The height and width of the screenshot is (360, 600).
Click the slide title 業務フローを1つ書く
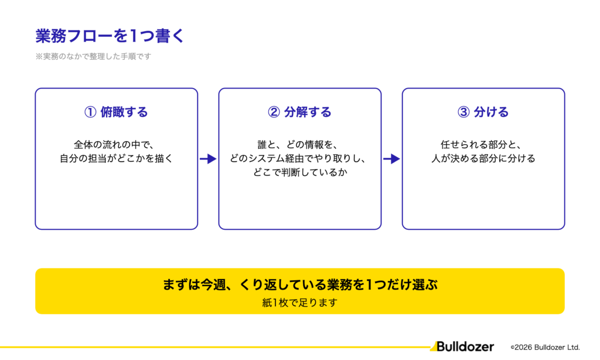pos(110,36)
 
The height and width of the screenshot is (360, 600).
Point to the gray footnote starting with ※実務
pos(93,56)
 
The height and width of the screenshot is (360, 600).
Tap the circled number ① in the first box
pos(90,112)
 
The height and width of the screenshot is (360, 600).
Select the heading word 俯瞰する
pos(124,112)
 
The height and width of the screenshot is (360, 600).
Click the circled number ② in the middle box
pos(274,112)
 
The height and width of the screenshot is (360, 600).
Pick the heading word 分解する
pos(308,112)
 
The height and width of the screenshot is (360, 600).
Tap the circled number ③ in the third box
pos(463,112)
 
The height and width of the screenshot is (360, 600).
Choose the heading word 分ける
pos(492,112)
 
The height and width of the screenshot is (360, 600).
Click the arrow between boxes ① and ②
pos(208,158)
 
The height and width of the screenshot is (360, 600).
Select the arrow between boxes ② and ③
pos(391,158)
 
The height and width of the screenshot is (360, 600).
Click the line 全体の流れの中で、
pos(114,145)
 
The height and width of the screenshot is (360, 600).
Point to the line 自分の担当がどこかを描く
pos(117,158)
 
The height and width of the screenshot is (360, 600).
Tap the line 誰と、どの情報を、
pos(297,145)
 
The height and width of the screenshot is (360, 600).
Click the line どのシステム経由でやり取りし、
pos(297,158)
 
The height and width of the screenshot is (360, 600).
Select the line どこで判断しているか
pos(300,172)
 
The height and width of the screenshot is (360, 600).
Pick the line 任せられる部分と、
pos(481,145)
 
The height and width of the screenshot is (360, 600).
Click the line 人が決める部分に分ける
pos(483,158)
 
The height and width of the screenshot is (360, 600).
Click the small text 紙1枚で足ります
pos(300,303)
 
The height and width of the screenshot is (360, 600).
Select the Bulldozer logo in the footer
pos(462,347)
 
